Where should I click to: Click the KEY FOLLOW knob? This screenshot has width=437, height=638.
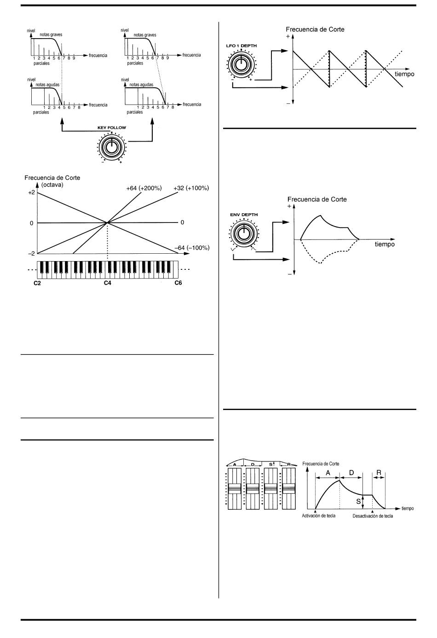click(111, 147)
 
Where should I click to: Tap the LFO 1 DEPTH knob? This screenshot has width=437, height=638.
click(240, 64)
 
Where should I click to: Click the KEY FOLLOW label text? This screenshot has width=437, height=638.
click(111, 128)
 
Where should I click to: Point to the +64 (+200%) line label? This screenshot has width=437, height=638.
click(144, 188)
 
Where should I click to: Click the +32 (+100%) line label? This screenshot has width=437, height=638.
click(191, 188)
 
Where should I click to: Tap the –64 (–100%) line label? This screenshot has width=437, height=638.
click(192, 248)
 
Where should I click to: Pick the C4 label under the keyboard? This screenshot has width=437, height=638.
click(107, 283)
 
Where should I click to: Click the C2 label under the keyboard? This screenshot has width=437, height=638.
click(37, 283)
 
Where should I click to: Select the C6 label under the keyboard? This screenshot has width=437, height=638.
click(178, 283)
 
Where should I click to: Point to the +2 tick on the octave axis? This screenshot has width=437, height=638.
click(31, 193)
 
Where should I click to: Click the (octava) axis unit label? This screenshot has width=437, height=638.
click(52, 185)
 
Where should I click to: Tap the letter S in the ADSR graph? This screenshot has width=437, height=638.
click(358, 502)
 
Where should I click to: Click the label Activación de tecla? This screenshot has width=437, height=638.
click(318, 516)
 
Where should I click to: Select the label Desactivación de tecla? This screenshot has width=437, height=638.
click(373, 516)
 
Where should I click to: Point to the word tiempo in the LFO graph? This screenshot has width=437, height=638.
click(404, 74)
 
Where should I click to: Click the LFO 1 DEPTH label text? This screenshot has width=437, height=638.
click(241, 46)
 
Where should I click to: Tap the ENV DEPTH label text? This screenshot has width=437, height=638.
click(244, 215)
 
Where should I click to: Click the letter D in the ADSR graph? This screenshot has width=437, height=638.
click(351, 473)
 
